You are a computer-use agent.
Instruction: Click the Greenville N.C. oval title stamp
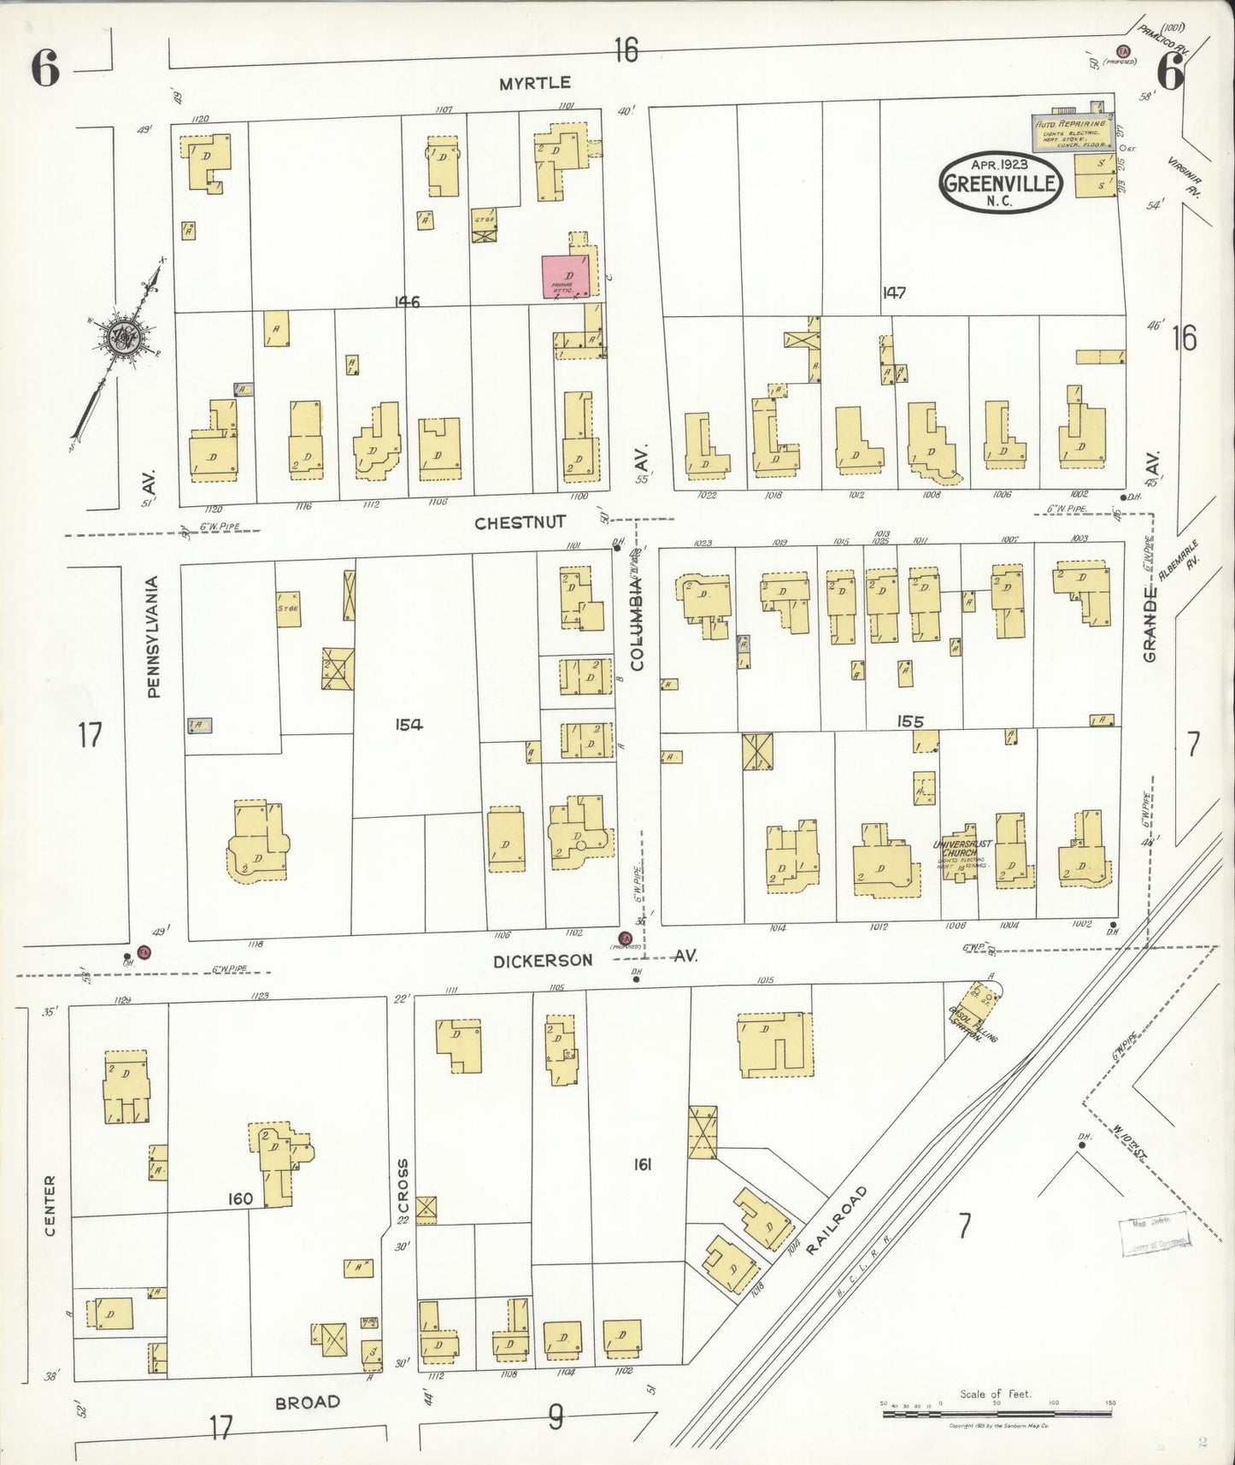pyautogui.click(x=999, y=182)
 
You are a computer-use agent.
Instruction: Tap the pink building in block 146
pyautogui.click(x=565, y=277)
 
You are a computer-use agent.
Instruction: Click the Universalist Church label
pyautogui.click(x=962, y=848)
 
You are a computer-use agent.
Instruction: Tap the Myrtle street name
pyautogui.click(x=535, y=83)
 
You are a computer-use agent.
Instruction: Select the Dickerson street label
pyautogui.click(x=543, y=961)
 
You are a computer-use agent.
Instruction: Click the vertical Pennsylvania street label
pyautogui.click(x=154, y=638)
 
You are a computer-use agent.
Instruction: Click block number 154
pyautogui.click(x=409, y=725)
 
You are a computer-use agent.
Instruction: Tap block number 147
pyautogui.click(x=894, y=293)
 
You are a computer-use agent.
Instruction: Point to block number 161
pyautogui.click(x=642, y=1164)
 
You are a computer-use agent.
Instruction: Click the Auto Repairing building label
pyautogui.click(x=1070, y=125)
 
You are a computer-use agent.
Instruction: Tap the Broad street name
pyautogui.click(x=308, y=1403)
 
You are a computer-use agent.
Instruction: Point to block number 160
pyautogui.click(x=240, y=1199)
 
